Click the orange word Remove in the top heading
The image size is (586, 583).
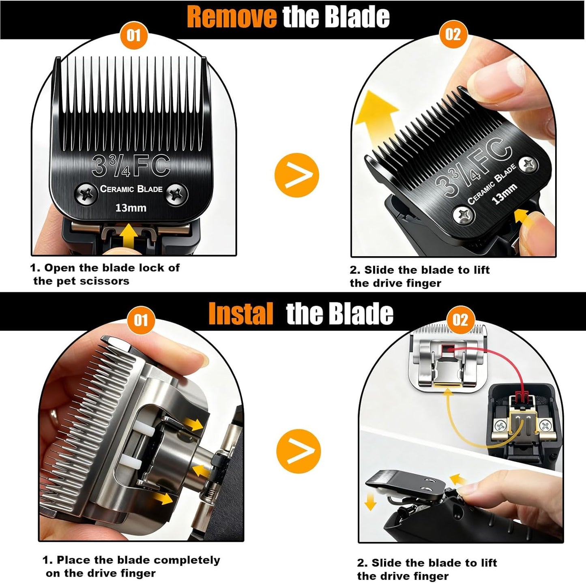point(232,17)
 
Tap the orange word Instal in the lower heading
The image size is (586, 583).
point(240,314)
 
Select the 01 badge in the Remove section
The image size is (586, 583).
point(133,35)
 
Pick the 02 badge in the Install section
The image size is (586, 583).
point(460,320)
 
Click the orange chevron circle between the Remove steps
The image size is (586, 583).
point(297,175)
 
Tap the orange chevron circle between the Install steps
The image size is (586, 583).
point(298,451)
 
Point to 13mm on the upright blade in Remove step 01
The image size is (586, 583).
point(131,208)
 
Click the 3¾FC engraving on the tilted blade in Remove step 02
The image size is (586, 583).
point(474,167)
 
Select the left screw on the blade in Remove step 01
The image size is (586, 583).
point(86,193)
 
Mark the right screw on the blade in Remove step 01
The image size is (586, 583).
point(177,193)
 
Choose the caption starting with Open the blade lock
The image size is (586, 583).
point(105,274)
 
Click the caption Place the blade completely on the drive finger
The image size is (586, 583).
point(131,566)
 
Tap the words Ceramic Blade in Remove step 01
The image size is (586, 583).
point(131,189)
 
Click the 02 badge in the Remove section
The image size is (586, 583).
point(453,34)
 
